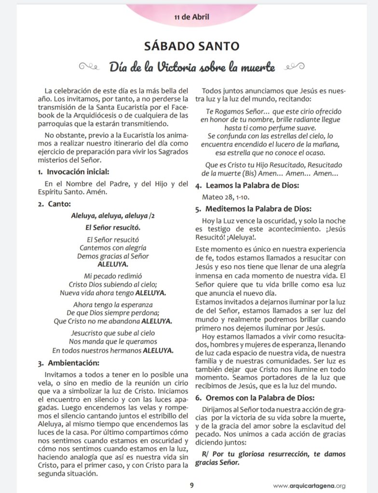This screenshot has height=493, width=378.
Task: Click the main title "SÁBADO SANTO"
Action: click(x=192, y=47)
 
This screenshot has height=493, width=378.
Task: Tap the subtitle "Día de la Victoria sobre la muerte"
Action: click(x=191, y=67)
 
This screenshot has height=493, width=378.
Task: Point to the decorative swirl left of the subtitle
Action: click(x=92, y=66)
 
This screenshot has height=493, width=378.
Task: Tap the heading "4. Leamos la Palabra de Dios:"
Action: click(x=246, y=186)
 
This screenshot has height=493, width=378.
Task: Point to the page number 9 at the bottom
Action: click(x=191, y=485)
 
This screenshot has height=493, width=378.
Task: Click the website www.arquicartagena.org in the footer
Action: click(x=309, y=486)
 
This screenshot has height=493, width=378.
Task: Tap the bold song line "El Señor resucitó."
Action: click(x=113, y=227)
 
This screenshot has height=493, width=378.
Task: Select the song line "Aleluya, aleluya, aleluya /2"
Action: click(x=113, y=215)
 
